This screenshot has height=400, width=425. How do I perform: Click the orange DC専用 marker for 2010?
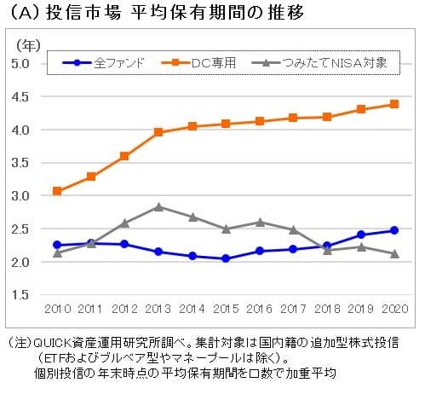click(57, 191)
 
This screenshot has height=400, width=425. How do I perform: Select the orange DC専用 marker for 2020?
click(393, 104)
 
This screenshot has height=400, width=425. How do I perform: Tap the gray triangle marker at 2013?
click(158, 206)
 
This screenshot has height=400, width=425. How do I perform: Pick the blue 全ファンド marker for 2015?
click(225, 258)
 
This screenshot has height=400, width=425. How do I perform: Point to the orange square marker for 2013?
click(158, 132)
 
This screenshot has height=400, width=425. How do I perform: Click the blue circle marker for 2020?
click(393, 230)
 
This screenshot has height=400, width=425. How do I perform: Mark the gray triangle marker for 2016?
click(259, 222)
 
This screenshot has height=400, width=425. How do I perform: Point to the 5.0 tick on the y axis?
click(21, 63)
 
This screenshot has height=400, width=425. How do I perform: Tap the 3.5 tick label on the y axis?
click(21, 162)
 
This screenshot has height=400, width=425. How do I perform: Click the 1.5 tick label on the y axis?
click(21, 294)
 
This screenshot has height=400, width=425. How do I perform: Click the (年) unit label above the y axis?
click(24, 43)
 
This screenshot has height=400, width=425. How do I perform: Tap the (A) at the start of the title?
click(20, 14)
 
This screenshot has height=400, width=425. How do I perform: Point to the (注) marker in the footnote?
click(19, 342)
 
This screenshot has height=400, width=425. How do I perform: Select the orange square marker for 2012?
click(124, 156)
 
